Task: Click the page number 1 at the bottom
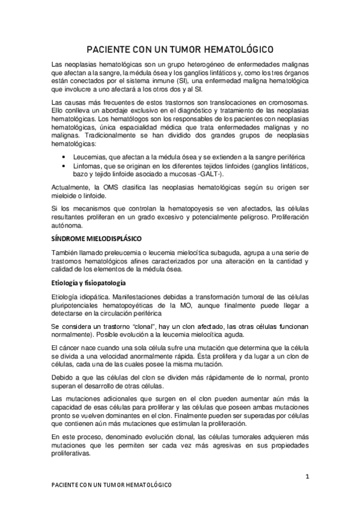(x=307, y=477)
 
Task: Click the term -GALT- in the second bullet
(x=215, y=174)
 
